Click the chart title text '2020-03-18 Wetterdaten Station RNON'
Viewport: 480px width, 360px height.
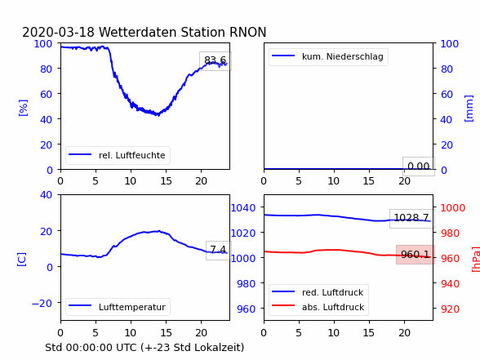144,32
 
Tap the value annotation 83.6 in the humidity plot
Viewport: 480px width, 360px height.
216,60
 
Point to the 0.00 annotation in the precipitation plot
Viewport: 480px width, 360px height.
419,167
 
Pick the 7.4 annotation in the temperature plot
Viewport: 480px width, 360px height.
218,250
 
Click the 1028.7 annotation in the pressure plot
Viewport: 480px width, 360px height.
411,218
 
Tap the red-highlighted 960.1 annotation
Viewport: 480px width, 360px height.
416,254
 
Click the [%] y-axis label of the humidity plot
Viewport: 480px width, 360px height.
23,108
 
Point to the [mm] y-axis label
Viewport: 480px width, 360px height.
469,109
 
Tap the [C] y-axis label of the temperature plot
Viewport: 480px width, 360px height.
21,260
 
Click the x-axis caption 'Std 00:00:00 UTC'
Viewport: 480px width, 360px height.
91,348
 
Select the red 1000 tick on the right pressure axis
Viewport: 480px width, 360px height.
453,208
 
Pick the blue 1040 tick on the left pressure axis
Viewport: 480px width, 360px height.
243,208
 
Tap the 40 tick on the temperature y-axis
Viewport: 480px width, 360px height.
46,194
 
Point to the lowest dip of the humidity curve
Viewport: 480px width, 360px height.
158,115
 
